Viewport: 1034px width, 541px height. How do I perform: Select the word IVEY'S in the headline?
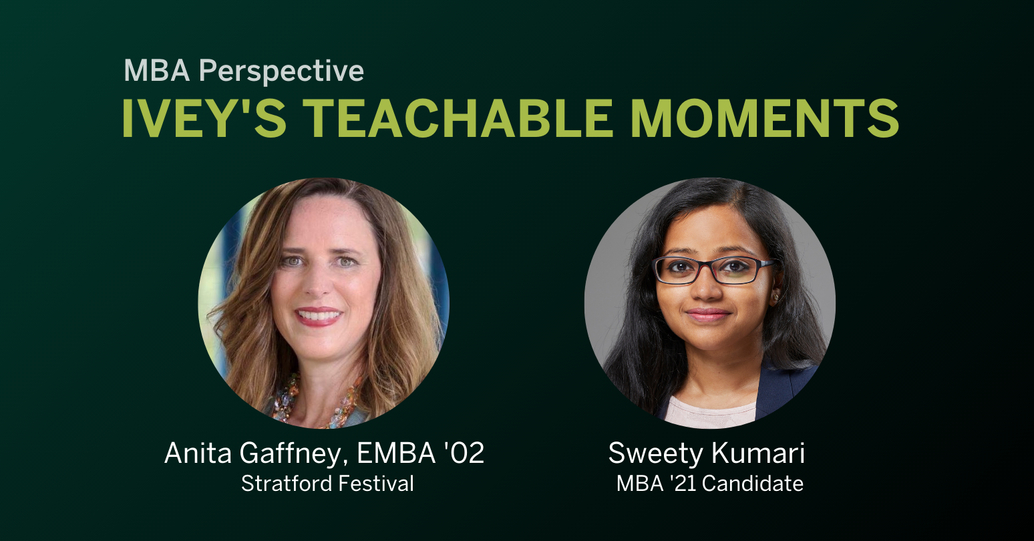pos(204,119)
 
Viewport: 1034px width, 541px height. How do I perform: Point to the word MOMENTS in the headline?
pos(765,119)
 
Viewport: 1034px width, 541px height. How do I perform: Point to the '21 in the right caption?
pos(681,484)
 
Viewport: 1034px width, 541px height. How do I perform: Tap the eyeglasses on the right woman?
pos(712,270)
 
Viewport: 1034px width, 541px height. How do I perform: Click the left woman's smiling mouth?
pos(318,315)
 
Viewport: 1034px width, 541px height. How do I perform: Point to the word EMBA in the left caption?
pos(395,454)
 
